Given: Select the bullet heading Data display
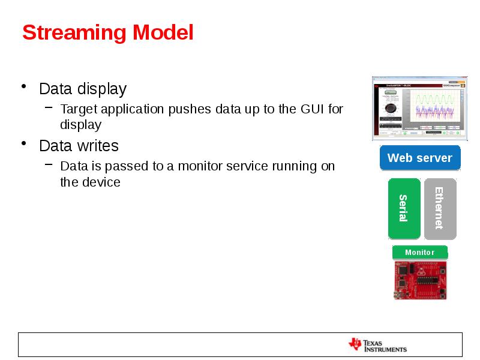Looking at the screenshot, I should pyautogui.click(x=82, y=89).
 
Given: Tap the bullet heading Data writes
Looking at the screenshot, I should pyautogui.click(x=79, y=146).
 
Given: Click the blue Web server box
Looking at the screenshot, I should pyautogui.click(x=419, y=158).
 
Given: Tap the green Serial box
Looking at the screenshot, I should pyautogui.click(x=404, y=208).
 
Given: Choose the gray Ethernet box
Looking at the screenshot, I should pyautogui.click(x=440, y=208).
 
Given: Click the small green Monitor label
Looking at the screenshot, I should pyautogui.click(x=419, y=253).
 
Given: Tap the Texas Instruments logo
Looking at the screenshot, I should pyautogui.click(x=377, y=345).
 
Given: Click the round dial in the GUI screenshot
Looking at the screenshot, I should pyautogui.click(x=390, y=108).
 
